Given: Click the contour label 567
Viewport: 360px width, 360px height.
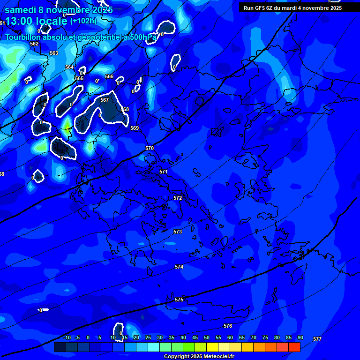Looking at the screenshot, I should click(105, 100).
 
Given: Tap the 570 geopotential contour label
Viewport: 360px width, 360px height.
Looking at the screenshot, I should click(150, 148).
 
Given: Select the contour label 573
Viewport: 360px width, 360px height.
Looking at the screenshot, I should click(178, 232).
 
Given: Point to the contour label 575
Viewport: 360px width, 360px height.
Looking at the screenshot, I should click(179, 300).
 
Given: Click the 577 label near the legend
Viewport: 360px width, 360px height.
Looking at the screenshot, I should click(317, 339).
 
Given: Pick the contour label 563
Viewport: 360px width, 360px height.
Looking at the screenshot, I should click(54, 53).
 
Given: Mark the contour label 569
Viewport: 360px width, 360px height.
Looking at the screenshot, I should click(135, 128).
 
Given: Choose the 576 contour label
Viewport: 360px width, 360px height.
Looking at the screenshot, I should click(228, 326).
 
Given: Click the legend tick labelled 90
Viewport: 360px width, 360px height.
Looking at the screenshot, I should click(300, 337).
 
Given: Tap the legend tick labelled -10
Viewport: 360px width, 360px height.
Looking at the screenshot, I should click(67, 337).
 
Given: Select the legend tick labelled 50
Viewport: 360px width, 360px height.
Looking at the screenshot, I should click(207, 337).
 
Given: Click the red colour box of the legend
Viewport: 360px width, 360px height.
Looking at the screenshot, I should click(294, 347).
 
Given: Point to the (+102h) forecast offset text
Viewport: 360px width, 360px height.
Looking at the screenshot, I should click(83, 21).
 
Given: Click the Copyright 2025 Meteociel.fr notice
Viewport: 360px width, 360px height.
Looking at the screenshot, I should click(199, 357).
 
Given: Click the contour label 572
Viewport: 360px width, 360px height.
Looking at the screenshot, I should click(178, 198).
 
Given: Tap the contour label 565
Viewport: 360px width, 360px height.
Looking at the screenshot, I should click(79, 78).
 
